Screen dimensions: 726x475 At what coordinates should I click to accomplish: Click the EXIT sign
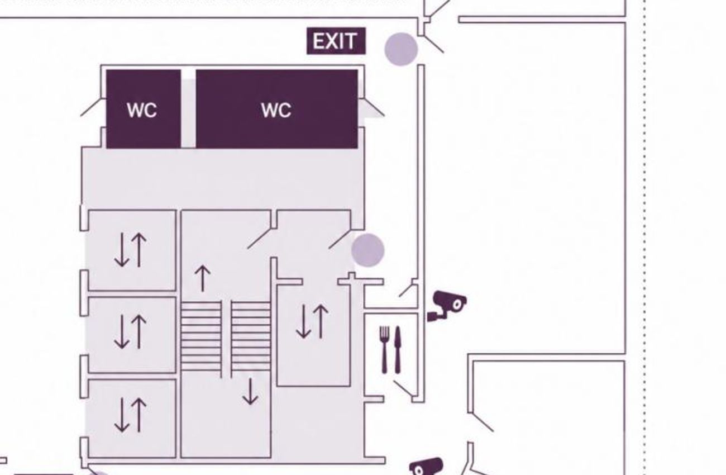[x=336, y=41]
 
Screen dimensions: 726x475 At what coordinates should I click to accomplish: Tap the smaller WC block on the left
[x=144, y=109]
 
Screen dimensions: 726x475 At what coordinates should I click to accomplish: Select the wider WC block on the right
[x=277, y=109]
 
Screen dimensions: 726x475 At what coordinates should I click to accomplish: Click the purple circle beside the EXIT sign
[x=401, y=49]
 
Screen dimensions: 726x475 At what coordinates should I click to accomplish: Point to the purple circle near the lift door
[x=368, y=250]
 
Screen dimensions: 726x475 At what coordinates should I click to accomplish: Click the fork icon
[x=384, y=350]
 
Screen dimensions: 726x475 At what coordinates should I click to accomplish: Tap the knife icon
[x=398, y=350]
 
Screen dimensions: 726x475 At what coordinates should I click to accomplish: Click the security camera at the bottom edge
[x=426, y=466]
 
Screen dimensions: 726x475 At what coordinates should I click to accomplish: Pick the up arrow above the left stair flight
[x=203, y=278]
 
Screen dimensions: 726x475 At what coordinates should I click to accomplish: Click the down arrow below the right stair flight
[x=250, y=391]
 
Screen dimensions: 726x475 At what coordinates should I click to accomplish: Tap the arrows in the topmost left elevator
[x=131, y=250]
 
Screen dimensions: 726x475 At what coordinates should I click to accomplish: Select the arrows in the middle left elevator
[x=131, y=332]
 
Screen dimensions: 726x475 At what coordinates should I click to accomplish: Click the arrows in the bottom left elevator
[x=131, y=415]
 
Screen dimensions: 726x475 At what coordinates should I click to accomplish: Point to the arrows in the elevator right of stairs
[x=312, y=321]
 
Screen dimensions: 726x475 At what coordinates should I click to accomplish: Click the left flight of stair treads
[x=201, y=336]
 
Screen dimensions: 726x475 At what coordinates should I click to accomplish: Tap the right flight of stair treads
[x=251, y=336]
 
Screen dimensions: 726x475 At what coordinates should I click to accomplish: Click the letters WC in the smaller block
[x=142, y=111]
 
